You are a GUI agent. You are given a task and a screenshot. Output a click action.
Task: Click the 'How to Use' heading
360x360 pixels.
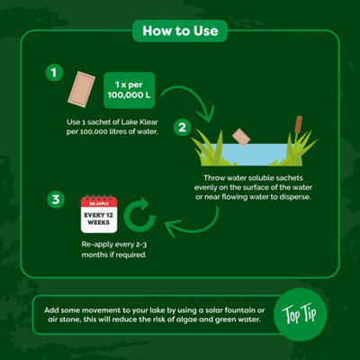[180, 33]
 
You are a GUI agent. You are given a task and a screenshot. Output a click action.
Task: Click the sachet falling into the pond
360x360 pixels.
[239, 135]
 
